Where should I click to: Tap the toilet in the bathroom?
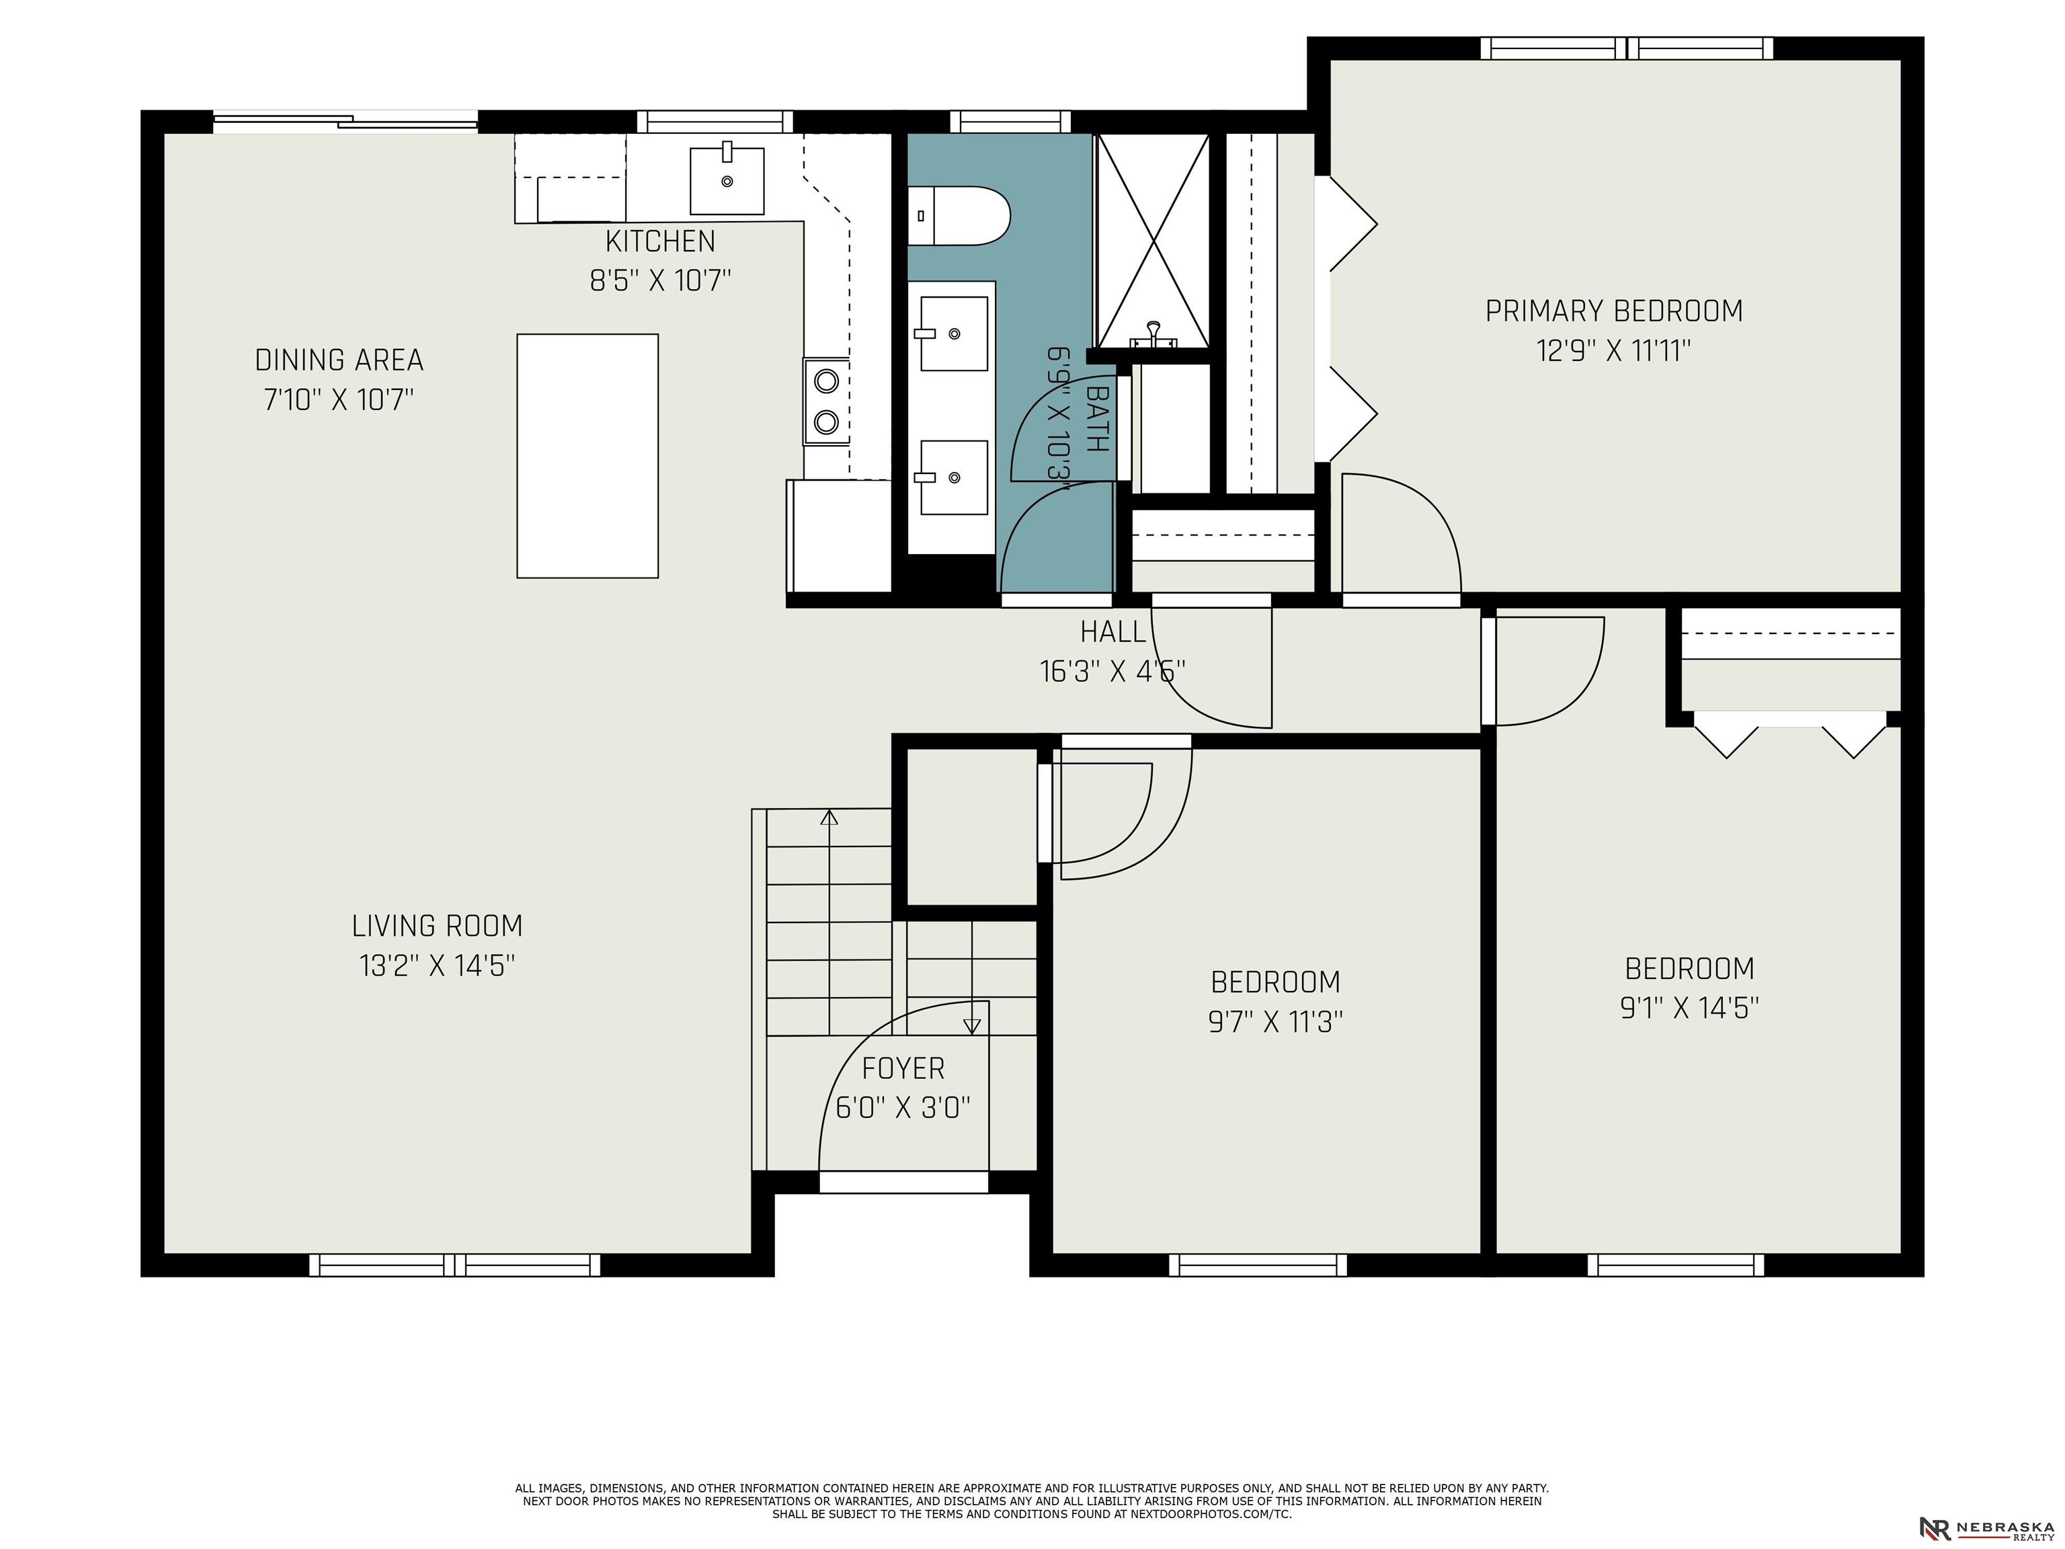[959, 216]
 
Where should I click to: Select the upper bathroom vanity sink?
[953, 333]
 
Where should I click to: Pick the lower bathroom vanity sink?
[953, 477]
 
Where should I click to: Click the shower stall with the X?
[1154, 240]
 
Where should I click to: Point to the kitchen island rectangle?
[588, 456]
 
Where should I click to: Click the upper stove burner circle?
[826, 380]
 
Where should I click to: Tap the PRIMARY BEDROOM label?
[1613, 311]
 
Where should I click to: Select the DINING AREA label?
[339, 360]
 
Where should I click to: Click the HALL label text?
[1112, 632]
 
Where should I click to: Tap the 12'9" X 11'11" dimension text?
[1613, 351]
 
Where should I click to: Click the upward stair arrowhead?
[829, 817]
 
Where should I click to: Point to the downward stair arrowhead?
[972, 1026]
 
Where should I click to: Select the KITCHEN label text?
[660, 241]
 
